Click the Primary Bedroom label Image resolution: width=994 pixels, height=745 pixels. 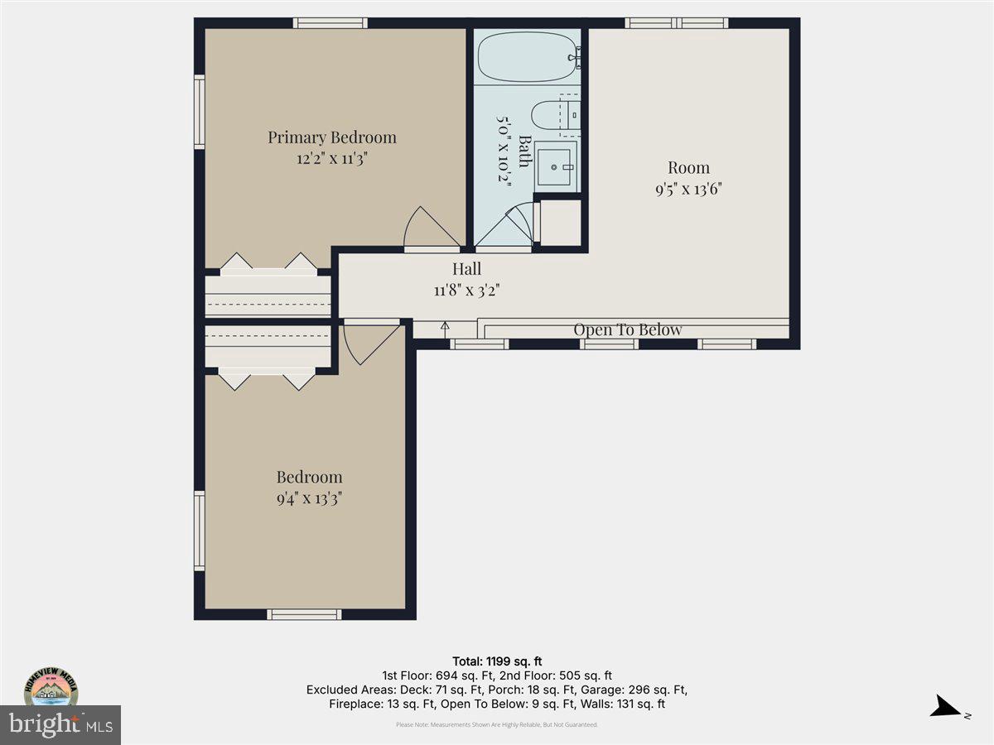(331, 137)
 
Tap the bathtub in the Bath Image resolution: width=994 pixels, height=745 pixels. (527, 56)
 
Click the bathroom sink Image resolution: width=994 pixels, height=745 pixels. (554, 166)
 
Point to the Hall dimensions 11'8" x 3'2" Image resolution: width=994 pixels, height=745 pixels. (466, 290)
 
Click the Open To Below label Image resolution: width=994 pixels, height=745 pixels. (627, 330)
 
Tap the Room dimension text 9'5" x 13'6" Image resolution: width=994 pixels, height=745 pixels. (688, 188)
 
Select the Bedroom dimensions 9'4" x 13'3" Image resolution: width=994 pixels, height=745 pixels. (309, 498)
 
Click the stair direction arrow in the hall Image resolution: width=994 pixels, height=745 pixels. (445, 328)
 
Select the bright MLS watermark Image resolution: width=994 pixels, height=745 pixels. (60, 725)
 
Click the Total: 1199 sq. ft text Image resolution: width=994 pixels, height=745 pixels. (497, 661)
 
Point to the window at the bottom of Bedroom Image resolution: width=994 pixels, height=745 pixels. (304, 614)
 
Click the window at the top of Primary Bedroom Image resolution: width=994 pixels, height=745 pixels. (331, 22)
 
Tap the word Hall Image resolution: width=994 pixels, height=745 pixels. (466, 269)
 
